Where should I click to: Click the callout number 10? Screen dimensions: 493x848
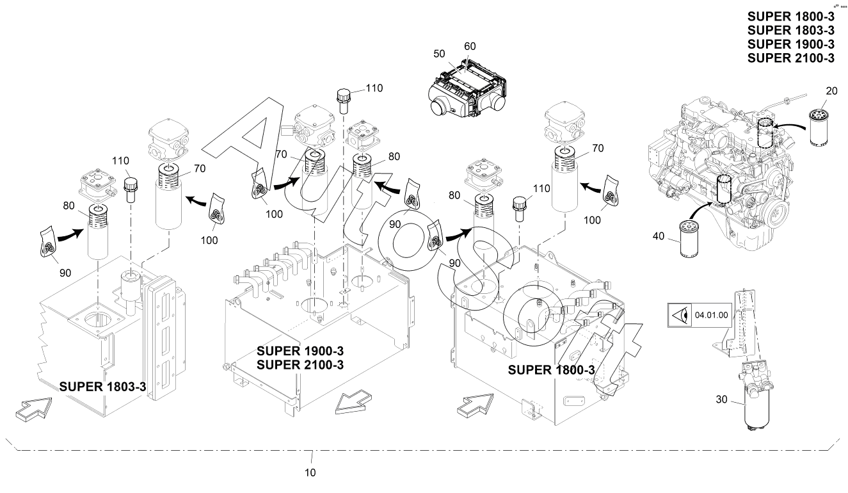click(310, 473)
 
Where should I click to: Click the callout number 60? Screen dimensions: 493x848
click(470, 47)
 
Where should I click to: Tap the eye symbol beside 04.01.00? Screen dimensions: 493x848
click(678, 315)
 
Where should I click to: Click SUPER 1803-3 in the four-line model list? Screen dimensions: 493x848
click(790, 30)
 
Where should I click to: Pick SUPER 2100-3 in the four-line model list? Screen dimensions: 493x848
click(790, 58)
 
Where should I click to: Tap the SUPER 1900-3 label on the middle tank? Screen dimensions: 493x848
click(300, 352)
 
